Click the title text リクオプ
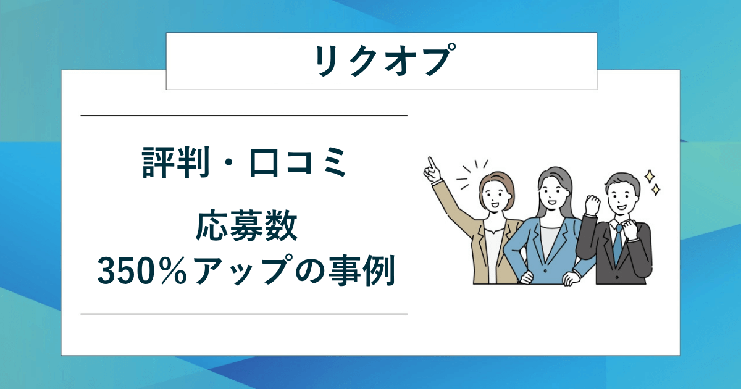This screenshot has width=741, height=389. pyautogui.click(x=381, y=61)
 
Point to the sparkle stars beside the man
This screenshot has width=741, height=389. pyautogui.click(x=652, y=182)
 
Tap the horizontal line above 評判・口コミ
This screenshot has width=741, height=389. pyautogui.click(x=244, y=115)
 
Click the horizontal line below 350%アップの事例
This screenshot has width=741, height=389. pyautogui.click(x=244, y=314)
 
